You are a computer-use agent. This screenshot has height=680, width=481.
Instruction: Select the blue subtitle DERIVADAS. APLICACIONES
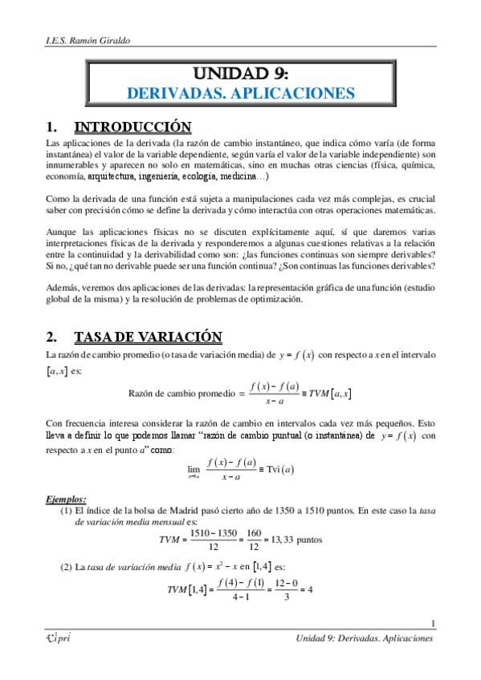pos(240,94)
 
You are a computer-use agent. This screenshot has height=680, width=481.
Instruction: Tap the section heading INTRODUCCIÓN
pos(132,127)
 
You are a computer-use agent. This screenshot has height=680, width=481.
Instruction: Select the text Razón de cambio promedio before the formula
pos(181,393)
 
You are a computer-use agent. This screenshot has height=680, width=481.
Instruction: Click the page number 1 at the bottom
pos(433,625)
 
